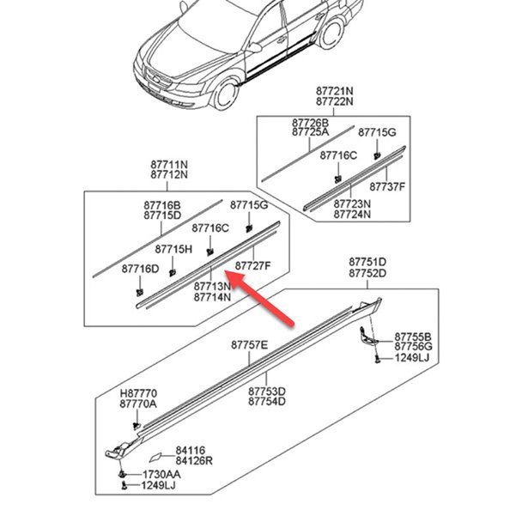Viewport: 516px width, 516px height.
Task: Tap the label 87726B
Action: [x=310, y=123]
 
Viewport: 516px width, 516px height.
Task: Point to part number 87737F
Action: [x=387, y=186]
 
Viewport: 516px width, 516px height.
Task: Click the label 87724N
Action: [x=352, y=215]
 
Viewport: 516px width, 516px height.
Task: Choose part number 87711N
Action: [x=169, y=164]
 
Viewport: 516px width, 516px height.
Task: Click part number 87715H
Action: [x=173, y=249]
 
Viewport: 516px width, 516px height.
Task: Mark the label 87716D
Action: [x=140, y=270]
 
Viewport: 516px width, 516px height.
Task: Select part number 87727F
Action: [x=253, y=266]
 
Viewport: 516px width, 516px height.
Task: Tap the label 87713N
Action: [x=212, y=286]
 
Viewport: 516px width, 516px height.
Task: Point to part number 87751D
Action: [x=367, y=262]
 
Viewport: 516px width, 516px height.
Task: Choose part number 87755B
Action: [x=413, y=337]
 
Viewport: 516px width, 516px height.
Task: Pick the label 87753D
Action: [x=267, y=391]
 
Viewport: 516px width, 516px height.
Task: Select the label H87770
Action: [x=138, y=392]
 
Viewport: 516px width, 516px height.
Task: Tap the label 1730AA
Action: [x=161, y=473]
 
